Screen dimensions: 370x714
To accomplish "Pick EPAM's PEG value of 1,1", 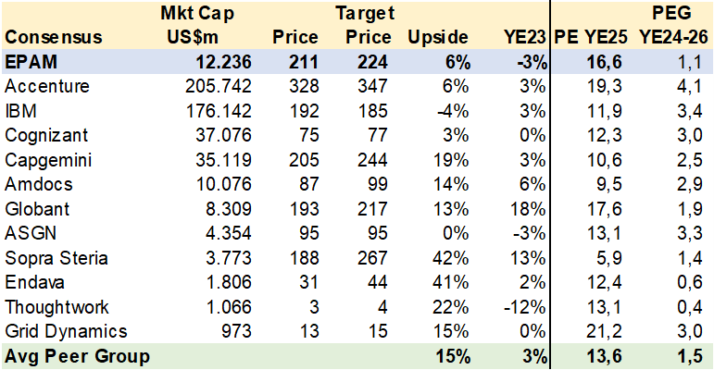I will (689, 62).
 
